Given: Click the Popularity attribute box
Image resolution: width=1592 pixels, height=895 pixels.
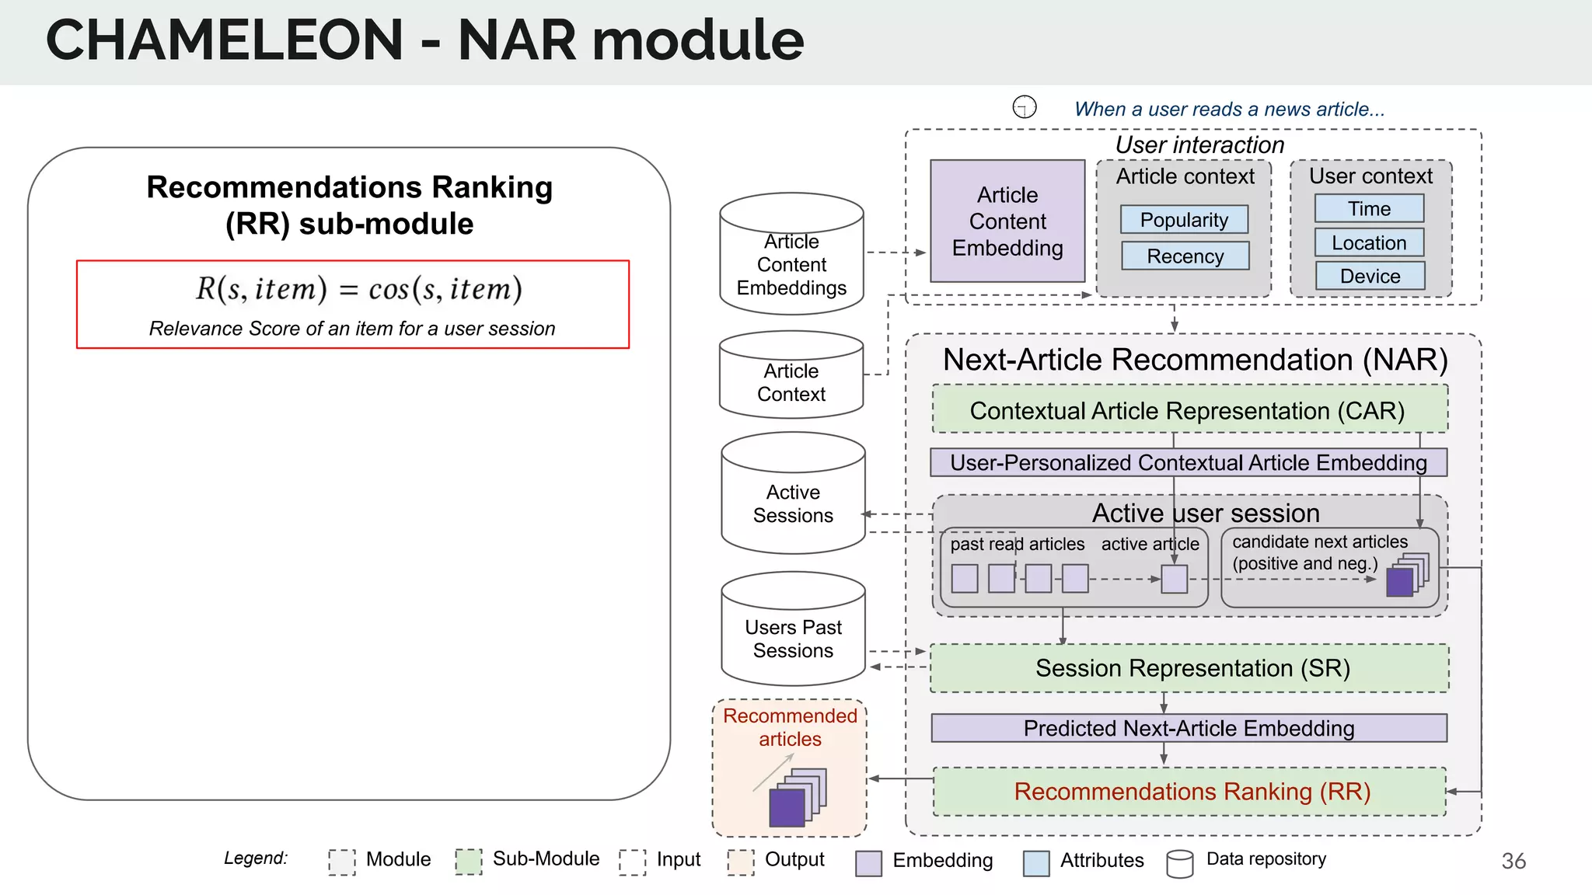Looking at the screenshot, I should point(1184,220).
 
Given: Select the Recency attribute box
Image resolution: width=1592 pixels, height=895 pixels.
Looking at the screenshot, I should point(1185,256).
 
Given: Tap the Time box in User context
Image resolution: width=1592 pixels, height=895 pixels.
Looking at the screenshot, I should point(1369,209).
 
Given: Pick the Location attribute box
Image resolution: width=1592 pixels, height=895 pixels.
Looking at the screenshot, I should point(1369,243).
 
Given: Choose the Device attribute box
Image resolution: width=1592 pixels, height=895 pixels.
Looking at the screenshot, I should point(1370,277).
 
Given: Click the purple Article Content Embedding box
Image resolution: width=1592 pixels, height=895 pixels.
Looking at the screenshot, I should point(1007,221).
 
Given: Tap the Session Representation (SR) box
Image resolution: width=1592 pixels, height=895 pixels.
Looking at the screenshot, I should point(1189,668).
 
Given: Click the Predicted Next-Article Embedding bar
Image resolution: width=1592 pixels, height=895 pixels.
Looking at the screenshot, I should point(1189,728).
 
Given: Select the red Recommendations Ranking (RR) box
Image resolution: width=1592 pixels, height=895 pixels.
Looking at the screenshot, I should point(1189,792).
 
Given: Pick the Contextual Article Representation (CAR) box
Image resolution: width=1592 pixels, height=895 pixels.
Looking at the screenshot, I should point(1189,409).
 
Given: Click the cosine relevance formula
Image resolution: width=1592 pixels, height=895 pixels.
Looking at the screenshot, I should point(358,290).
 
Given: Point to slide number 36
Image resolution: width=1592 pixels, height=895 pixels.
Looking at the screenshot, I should point(1513,861).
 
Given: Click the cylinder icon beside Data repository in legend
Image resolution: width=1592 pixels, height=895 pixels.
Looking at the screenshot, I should point(1179,863).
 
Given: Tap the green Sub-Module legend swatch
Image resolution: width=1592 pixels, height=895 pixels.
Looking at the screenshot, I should point(468,861).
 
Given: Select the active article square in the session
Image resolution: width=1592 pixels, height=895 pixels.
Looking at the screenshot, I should point(1174,579).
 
